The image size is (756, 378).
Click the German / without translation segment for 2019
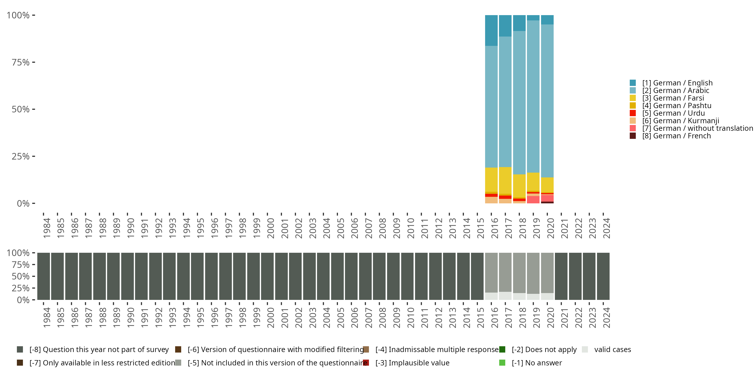pyautogui.click(x=533, y=200)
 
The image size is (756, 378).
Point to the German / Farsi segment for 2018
pyautogui.click(x=519, y=186)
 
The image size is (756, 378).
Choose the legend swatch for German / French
pyautogui.click(x=633, y=136)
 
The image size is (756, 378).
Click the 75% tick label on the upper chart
pyautogui.click(x=21, y=62)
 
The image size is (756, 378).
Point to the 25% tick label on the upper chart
pyautogui.click(x=21, y=156)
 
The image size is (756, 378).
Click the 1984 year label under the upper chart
pyautogui.click(x=46, y=228)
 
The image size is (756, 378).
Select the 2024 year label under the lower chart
pyautogui.click(x=606, y=318)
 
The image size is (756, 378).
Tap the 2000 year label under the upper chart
pyautogui.click(x=270, y=228)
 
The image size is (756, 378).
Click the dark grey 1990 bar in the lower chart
pyautogui.click(x=127, y=276)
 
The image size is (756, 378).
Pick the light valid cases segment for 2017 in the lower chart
pyautogui.click(x=505, y=296)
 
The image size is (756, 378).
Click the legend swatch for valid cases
pyautogui.click(x=585, y=350)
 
